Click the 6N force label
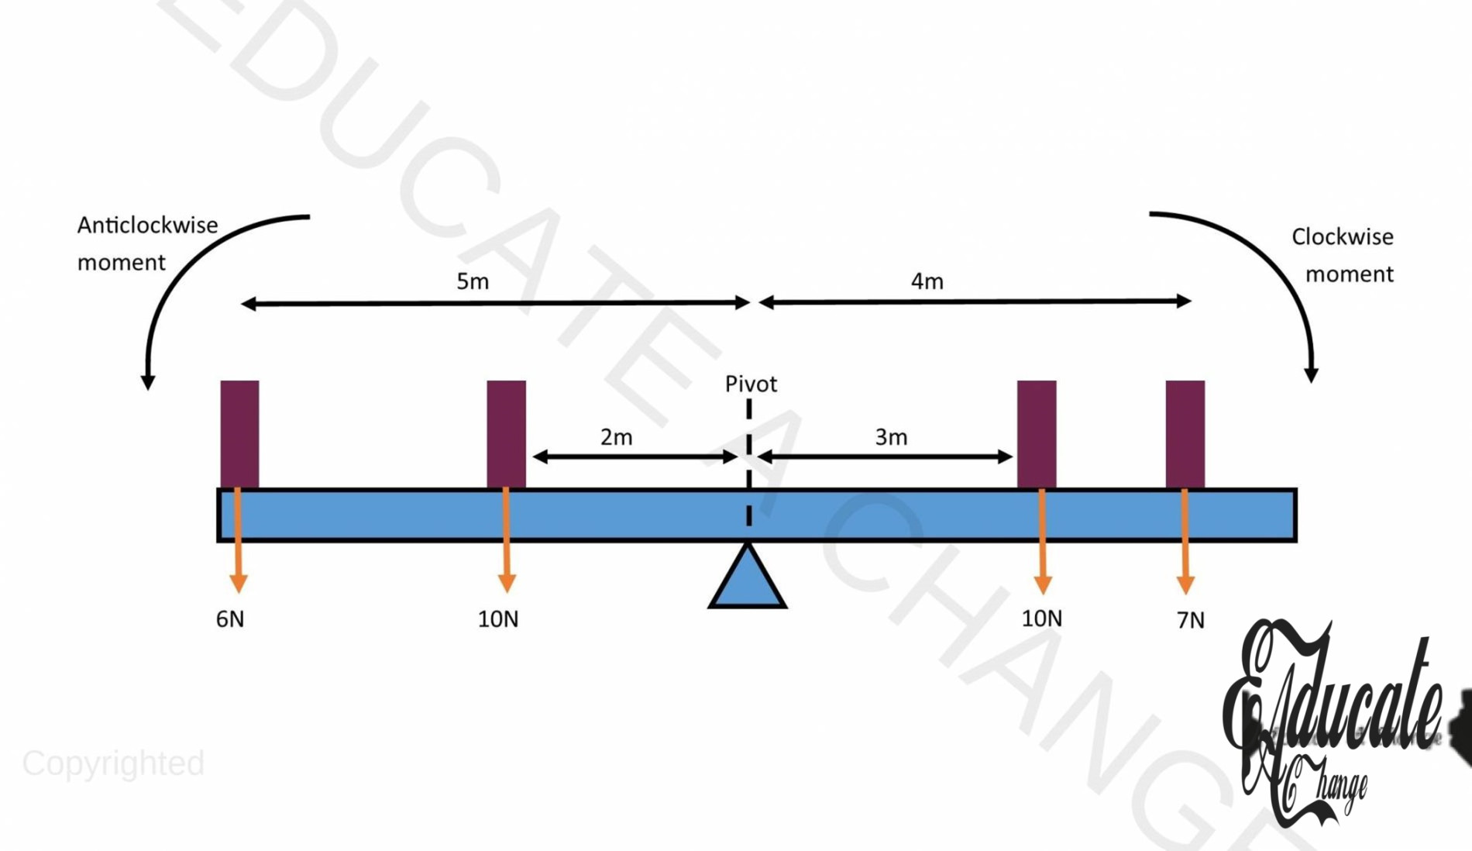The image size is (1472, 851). pyautogui.click(x=230, y=619)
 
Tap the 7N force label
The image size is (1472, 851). pyautogui.click(x=1191, y=620)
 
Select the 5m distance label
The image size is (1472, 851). pyautogui.click(x=473, y=281)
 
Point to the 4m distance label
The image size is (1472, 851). pyautogui.click(x=927, y=281)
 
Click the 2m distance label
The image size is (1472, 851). pyautogui.click(x=617, y=437)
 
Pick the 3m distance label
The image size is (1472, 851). pyautogui.click(x=891, y=437)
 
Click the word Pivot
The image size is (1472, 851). pyautogui.click(x=751, y=384)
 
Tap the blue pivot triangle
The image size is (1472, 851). pyautogui.click(x=748, y=581)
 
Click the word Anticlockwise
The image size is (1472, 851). pyautogui.click(x=147, y=226)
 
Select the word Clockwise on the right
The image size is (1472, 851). pyautogui.click(x=1342, y=237)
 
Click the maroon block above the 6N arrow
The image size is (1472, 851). pyautogui.click(x=239, y=433)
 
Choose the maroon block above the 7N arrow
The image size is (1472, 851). pyautogui.click(x=1185, y=433)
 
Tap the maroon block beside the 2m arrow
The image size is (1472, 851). pyautogui.click(x=506, y=433)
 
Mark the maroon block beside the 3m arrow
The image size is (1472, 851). pyautogui.click(x=1037, y=433)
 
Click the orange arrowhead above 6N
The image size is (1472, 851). pyautogui.click(x=239, y=583)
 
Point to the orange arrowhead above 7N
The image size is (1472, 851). pyautogui.click(x=1185, y=584)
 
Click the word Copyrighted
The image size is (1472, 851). pyautogui.click(x=113, y=763)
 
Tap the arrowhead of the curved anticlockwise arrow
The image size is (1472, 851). pyautogui.click(x=147, y=381)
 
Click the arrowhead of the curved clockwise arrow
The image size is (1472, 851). pyautogui.click(x=1311, y=374)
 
